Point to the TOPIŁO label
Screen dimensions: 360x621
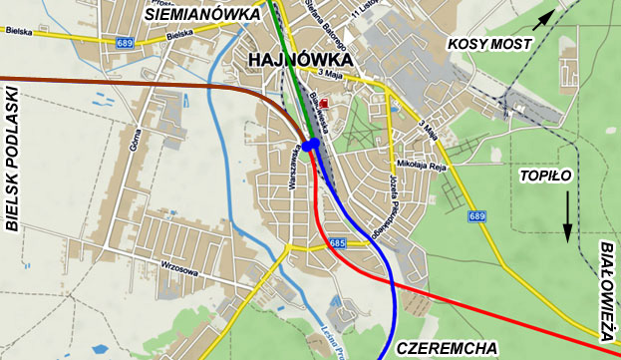pyautogui.click(x=546, y=176)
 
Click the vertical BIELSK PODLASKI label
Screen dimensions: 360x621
pyautogui.click(x=13, y=160)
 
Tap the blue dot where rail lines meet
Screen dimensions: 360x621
pyautogui.click(x=311, y=146)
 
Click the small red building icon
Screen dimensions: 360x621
pyautogui.click(x=323, y=90)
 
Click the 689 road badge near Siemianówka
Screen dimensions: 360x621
pyautogui.click(x=125, y=43)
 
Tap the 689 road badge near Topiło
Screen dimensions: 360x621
pyautogui.click(x=477, y=216)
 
